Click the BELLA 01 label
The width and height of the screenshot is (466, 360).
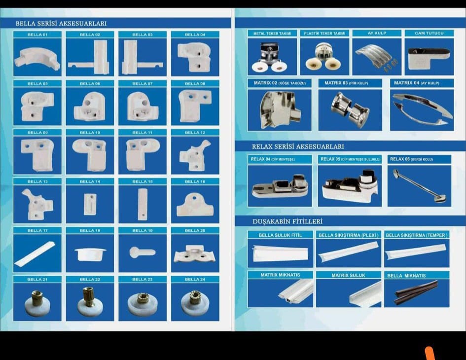(37, 35)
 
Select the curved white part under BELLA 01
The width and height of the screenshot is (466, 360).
(38, 58)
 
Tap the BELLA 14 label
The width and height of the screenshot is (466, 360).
(90, 181)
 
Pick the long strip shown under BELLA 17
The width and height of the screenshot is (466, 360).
(35, 253)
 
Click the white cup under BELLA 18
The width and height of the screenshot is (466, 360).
(90, 254)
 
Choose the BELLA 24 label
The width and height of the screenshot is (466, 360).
(195, 280)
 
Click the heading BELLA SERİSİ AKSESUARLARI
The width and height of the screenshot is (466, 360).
(61, 24)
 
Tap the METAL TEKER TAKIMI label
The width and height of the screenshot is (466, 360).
(272, 34)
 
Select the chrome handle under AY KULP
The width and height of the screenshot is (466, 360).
(375, 55)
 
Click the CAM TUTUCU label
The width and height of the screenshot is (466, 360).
(429, 33)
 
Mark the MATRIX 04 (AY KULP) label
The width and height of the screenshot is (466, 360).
(417, 83)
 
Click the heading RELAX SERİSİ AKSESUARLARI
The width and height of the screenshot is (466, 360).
(298, 146)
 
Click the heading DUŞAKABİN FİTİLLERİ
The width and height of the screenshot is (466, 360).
(287, 221)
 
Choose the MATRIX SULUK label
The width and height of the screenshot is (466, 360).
(348, 275)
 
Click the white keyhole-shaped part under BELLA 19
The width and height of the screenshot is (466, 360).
(142, 252)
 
